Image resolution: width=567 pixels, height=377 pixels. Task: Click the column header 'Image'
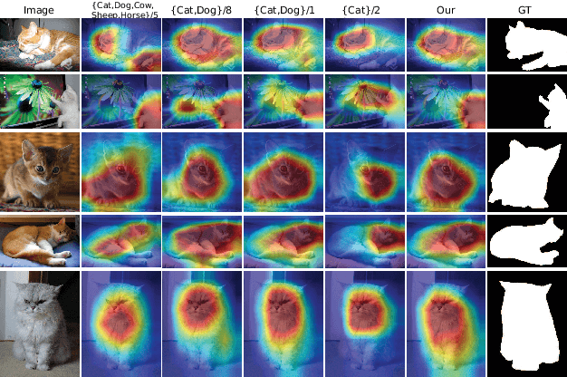click(x=38, y=9)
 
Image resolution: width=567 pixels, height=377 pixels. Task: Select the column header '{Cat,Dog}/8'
click(x=200, y=9)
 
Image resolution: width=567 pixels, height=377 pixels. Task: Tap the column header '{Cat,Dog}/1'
click(x=282, y=9)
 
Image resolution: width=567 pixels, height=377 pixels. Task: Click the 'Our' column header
click(x=444, y=9)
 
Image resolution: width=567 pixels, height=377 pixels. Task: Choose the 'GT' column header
click(x=526, y=9)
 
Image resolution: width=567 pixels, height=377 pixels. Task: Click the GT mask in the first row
click(x=526, y=45)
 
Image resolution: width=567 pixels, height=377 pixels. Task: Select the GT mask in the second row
click(x=526, y=101)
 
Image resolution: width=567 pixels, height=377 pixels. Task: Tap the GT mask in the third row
click(x=526, y=171)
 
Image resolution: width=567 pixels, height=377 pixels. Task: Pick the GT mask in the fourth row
click(x=526, y=240)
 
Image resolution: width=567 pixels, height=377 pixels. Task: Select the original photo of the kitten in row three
click(x=39, y=171)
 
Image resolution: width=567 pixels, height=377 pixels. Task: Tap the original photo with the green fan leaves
click(x=39, y=101)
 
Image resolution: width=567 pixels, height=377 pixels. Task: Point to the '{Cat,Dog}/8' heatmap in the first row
click(x=200, y=45)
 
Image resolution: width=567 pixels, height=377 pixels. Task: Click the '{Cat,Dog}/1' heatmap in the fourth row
click(x=282, y=240)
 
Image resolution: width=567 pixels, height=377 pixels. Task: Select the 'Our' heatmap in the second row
click(x=444, y=101)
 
